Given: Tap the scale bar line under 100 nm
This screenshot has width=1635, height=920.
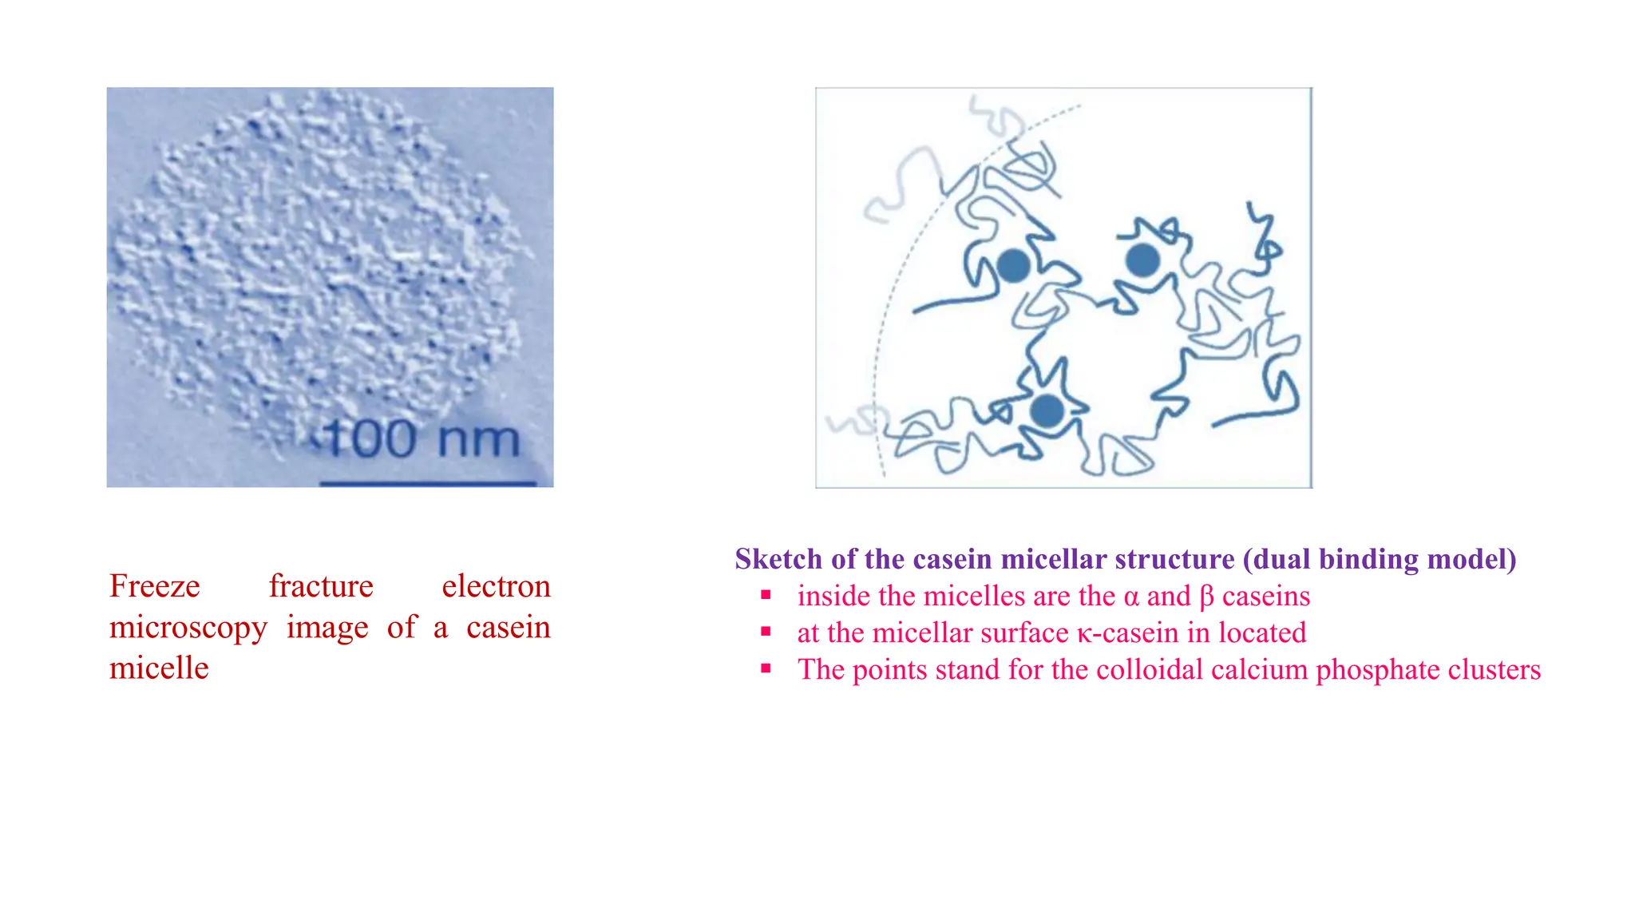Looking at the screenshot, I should pos(428,483).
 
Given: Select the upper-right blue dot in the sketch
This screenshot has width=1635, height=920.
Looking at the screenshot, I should pos(1142,260).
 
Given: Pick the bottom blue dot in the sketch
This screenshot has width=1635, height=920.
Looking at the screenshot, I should pos(1047,411).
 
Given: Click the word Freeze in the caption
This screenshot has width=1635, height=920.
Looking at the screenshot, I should pos(155,586).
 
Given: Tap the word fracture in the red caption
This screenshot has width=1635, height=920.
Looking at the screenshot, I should pos(321,586).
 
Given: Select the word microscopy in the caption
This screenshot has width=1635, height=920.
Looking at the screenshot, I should pos(188,628).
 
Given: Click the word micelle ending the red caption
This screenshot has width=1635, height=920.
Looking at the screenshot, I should pos(159,668).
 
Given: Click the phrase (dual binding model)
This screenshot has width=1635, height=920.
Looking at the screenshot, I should pos(1380,559).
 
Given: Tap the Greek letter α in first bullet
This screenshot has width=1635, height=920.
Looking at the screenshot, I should pos(1130,597).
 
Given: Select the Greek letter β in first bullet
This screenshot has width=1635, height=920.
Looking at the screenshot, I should pos(1206,597).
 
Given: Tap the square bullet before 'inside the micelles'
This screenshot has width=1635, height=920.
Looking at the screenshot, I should pos(766,595).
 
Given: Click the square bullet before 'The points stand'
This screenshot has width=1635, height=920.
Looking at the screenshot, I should pos(766,668).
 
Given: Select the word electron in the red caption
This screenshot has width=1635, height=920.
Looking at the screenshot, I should pos(496,586).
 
